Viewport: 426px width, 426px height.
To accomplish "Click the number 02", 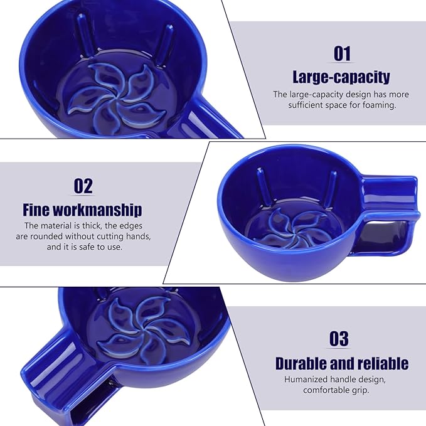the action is point(83,186).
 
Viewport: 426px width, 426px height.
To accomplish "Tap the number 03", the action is point(339,339).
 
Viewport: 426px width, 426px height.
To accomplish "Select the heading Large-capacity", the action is point(341,77).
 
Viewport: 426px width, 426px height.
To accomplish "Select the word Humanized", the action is point(305,380).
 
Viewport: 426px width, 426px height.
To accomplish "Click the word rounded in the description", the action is point(46,237).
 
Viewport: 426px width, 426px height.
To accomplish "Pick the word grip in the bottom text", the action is point(361,390).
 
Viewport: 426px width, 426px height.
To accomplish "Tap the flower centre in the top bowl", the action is point(117,99).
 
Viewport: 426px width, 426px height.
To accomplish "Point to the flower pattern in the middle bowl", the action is point(294,227).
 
